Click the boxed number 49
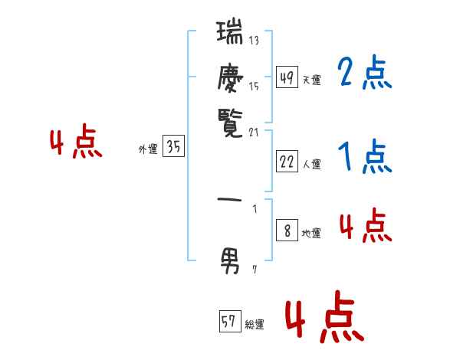287,78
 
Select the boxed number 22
287,162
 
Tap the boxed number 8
287,231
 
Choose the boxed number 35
173,148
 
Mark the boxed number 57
228,322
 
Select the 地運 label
311,234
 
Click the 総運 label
254,325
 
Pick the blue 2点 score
364,74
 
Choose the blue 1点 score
364,158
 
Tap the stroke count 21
255,133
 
